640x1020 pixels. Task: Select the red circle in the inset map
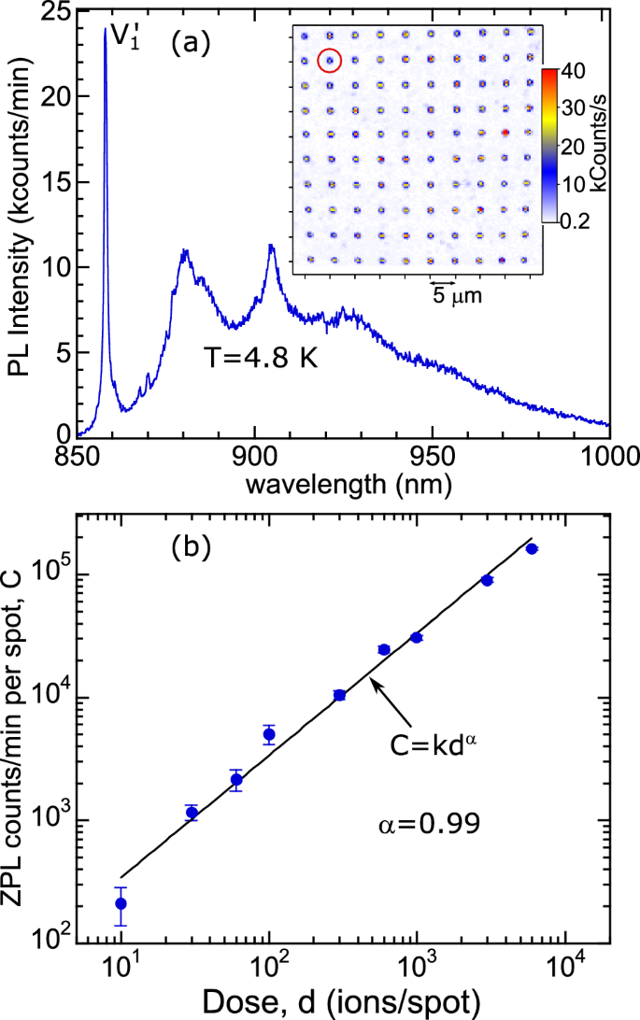tap(330, 61)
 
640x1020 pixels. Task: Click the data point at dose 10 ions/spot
tap(121, 903)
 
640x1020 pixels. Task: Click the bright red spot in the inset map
tap(505, 133)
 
